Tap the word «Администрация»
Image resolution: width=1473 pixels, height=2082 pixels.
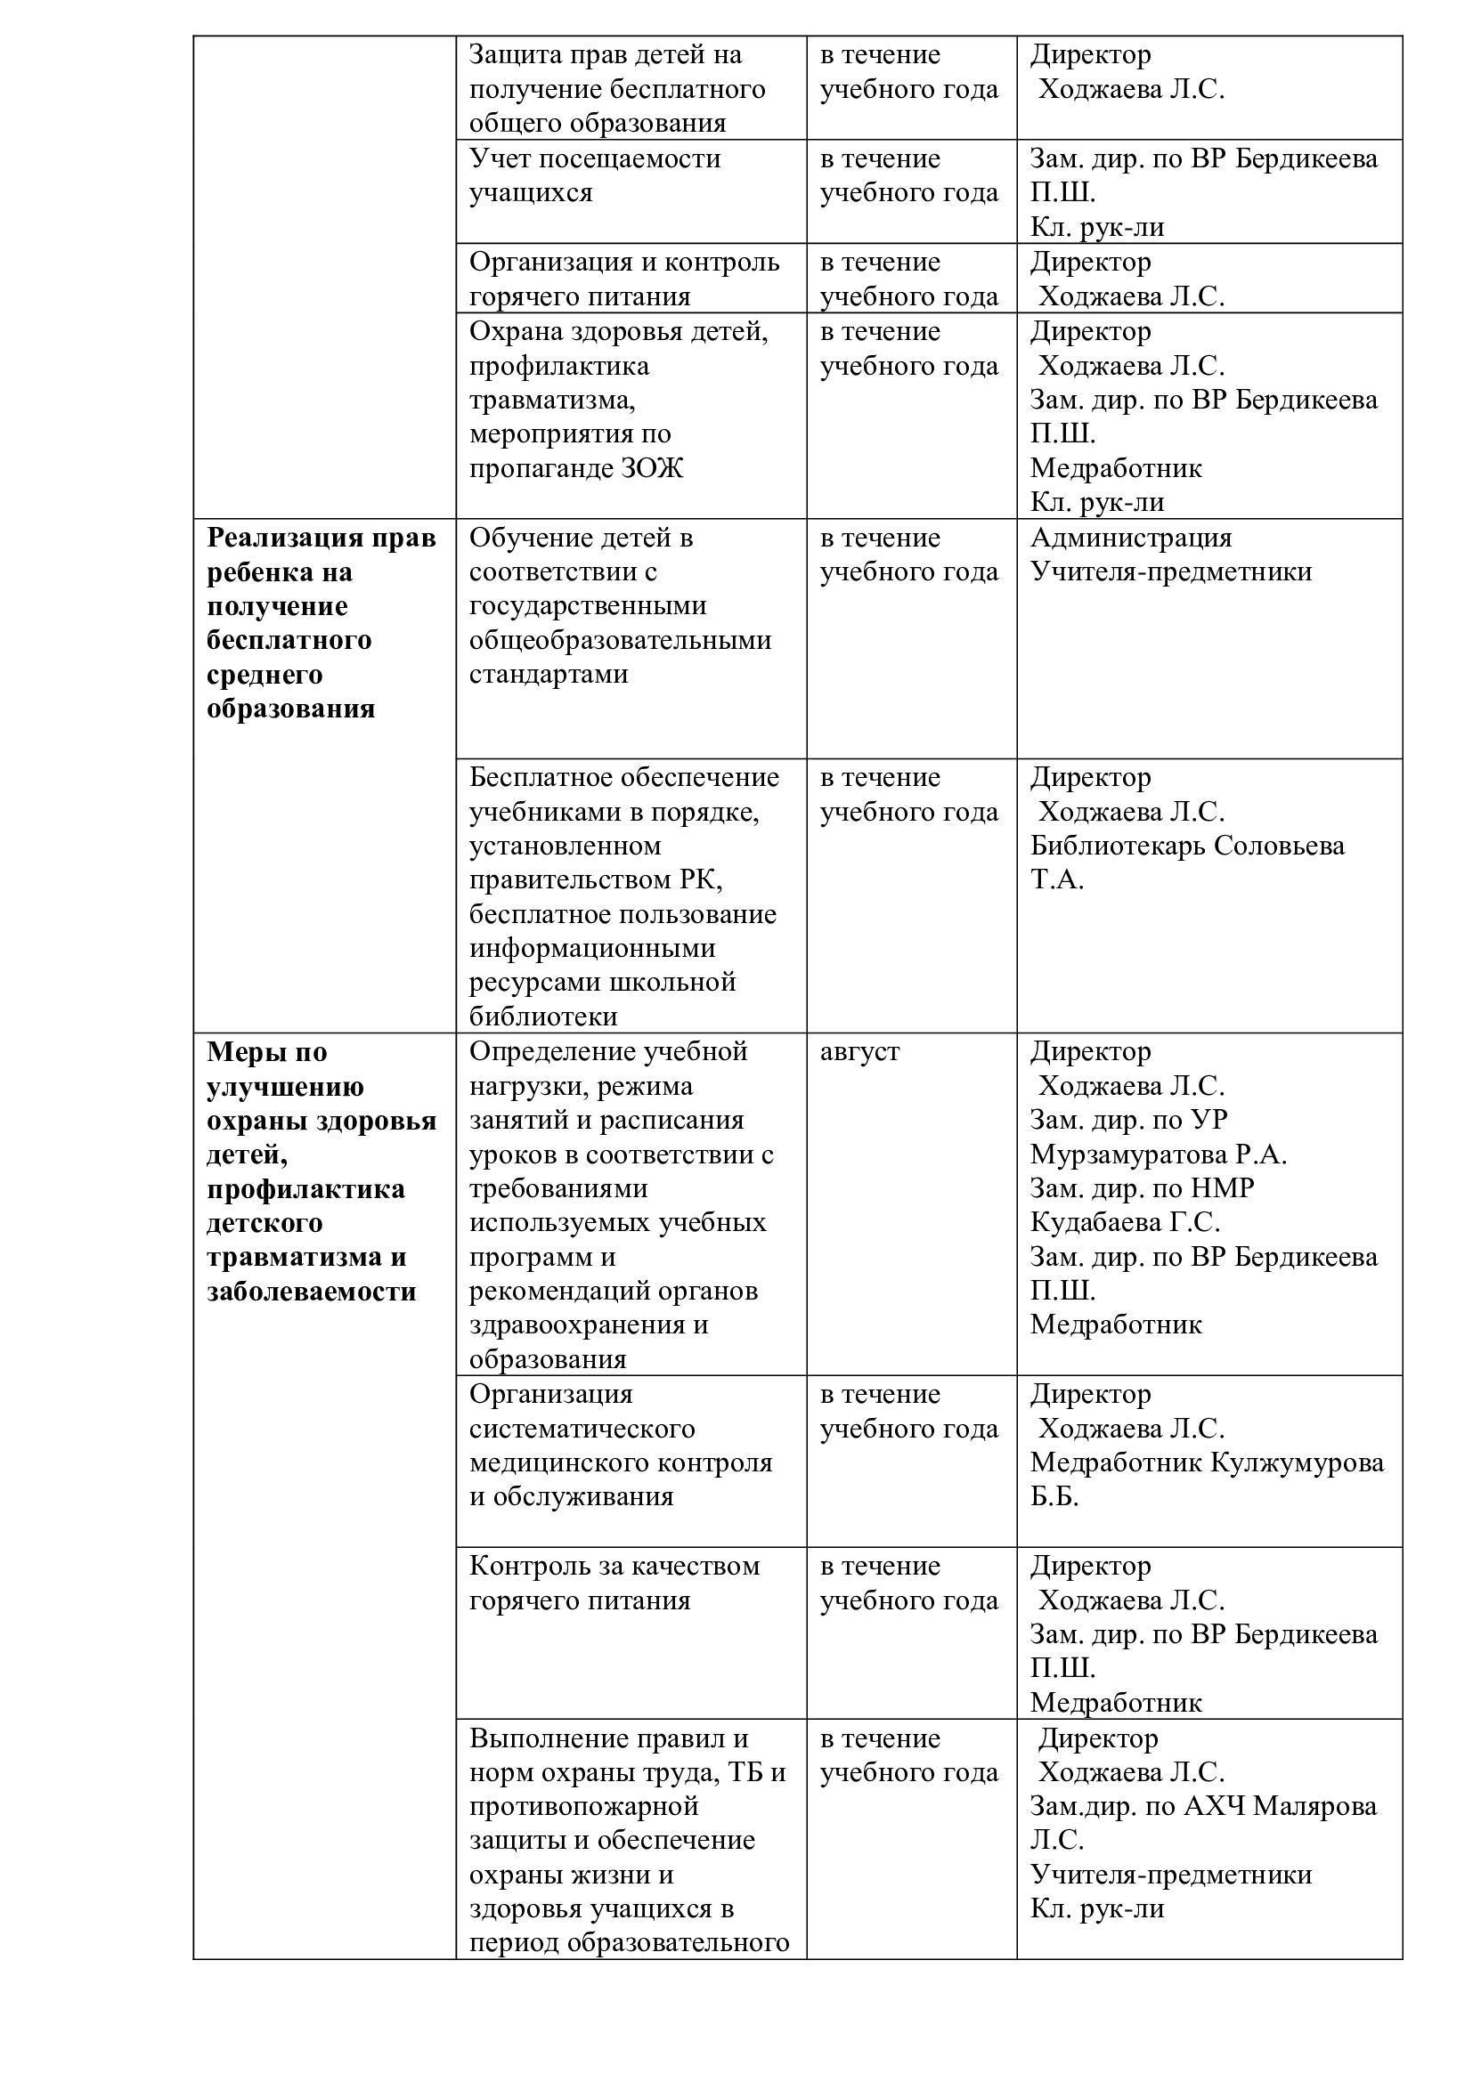(1131, 538)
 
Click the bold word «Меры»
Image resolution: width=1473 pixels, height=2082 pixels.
(240, 1052)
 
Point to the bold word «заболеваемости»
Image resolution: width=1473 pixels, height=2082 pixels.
(311, 1292)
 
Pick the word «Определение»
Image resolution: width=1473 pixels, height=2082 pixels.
(552, 1052)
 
